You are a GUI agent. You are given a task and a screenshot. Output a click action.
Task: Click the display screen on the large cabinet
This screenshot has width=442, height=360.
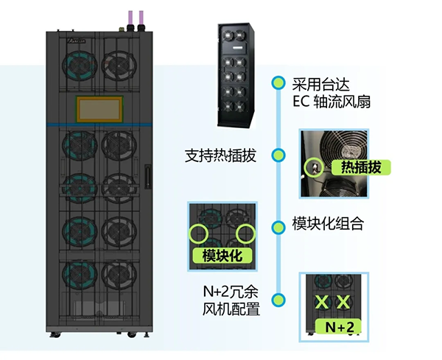point(99,108)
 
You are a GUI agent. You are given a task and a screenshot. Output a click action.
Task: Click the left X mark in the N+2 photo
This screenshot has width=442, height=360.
point(322,302)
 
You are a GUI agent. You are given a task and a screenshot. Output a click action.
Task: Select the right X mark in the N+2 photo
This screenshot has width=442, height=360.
point(343,302)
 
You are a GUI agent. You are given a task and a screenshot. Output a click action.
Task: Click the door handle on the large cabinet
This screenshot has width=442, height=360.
point(148,177)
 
